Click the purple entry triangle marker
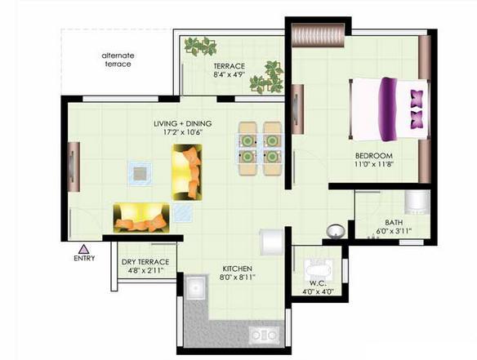point(83,249)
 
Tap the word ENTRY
point(84,258)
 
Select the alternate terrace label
point(118,60)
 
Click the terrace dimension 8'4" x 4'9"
point(229,75)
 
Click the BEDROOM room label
point(374,156)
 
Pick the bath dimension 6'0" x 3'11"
point(394,231)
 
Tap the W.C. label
point(319,284)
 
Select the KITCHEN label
point(238,269)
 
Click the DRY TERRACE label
point(145,262)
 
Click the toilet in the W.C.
point(319,270)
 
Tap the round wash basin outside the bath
point(335,231)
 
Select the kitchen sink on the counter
point(195,287)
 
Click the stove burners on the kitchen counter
point(265,335)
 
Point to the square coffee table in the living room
point(140,173)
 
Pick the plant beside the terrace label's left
point(200,47)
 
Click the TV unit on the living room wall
point(74,167)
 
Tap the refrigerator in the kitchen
point(271,242)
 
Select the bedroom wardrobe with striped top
point(319,36)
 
